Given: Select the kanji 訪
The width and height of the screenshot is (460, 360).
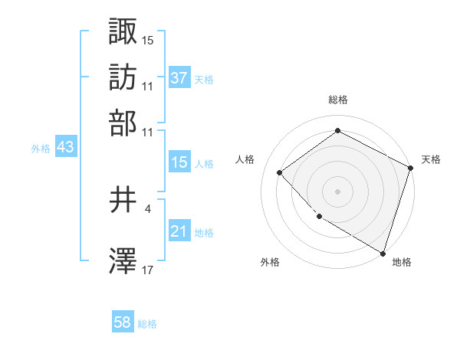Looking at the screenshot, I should (123, 77).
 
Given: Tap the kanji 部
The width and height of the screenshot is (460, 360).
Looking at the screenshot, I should (123, 123).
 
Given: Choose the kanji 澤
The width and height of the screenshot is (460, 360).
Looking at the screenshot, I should (123, 261).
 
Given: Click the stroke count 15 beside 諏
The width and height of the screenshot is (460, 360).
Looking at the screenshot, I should (148, 39).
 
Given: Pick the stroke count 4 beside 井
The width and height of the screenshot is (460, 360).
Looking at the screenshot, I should (147, 208).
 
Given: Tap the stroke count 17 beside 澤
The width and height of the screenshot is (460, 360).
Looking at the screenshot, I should (148, 270).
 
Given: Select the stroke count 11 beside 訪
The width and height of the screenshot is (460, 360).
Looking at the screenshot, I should (148, 85).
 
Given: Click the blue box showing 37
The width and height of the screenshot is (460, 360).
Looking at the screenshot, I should (179, 77).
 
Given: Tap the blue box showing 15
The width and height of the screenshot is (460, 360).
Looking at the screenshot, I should (179, 162).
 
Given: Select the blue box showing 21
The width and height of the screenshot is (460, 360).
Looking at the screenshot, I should (179, 231).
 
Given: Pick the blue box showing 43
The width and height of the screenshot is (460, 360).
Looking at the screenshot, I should (65, 148).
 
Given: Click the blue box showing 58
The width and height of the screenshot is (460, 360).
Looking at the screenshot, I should (123, 322).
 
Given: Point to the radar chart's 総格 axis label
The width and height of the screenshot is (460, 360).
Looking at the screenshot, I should (338, 100).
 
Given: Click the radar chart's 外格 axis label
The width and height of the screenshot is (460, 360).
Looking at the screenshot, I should (270, 263).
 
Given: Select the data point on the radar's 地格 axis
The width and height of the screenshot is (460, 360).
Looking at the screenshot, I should (383, 252).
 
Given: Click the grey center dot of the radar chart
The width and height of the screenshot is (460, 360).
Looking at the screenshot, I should (337, 191).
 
